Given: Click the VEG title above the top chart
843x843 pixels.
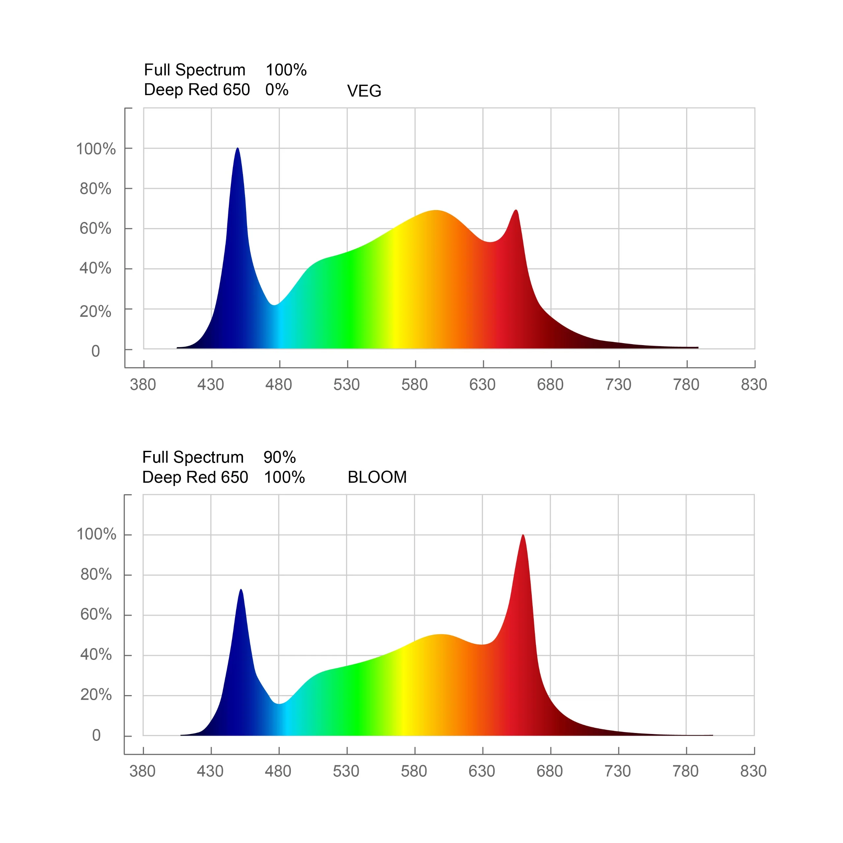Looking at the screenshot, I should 364,91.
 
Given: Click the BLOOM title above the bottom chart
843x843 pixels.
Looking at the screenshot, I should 377,477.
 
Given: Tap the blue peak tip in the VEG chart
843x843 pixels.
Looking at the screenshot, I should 237,149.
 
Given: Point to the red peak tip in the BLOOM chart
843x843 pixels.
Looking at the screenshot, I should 523,535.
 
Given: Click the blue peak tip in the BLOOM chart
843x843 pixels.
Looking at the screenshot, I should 241,590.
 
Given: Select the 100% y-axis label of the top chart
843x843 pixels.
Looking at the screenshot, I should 95,149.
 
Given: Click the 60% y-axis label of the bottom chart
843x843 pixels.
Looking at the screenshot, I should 96,614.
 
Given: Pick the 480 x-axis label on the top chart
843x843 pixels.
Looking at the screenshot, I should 278,384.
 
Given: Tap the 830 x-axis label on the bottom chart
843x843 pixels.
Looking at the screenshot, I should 753,771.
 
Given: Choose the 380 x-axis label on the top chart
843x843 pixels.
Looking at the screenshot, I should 143,384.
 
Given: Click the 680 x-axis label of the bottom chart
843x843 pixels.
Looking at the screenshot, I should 549,771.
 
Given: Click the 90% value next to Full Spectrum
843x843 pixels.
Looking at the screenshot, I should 279,457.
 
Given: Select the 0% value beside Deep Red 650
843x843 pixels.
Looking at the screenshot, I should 277,90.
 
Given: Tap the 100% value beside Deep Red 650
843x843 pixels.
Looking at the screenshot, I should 284,477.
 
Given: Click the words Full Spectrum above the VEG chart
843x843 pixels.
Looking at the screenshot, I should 195,70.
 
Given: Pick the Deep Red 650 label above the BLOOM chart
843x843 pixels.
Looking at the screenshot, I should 195,477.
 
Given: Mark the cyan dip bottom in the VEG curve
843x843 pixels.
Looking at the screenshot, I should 274,305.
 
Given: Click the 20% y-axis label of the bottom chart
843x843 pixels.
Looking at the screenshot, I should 96,694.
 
